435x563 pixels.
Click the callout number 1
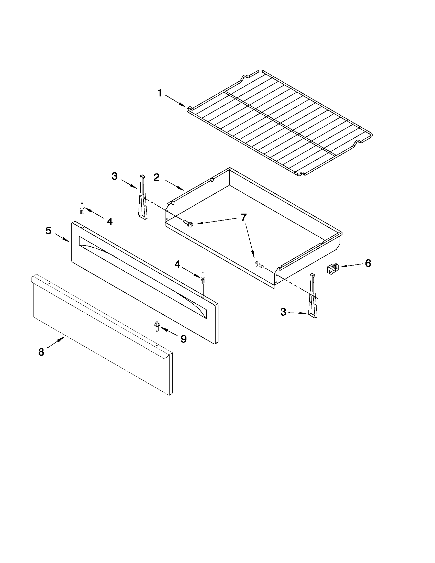point(160,93)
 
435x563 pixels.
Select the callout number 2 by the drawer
point(157,177)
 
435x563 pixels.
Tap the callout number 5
point(48,231)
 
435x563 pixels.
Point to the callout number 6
point(368,263)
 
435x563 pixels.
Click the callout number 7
point(243,217)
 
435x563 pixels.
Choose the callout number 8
point(41,352)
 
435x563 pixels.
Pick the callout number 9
point(183,339)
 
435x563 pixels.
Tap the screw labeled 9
point(157,326)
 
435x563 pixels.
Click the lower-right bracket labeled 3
point(313,296)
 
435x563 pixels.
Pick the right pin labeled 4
point(203,278)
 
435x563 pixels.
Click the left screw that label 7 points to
point(188,223)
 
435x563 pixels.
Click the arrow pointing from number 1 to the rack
point(175,101)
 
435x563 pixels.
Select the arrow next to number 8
point(56,343)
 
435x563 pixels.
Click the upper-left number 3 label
point(114,176)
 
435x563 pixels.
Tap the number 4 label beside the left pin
point(110,222)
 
